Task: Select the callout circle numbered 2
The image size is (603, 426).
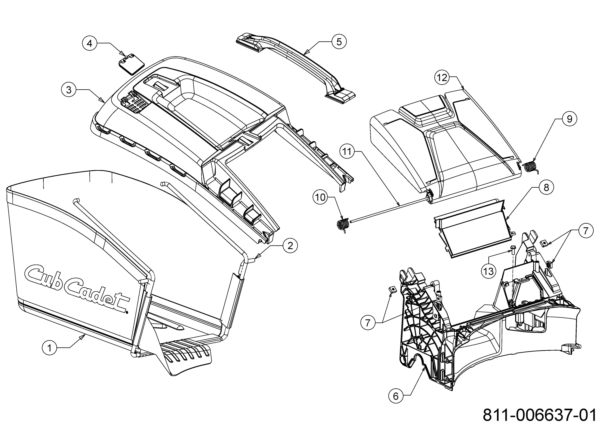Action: pyautogui.click(x=290, y=246)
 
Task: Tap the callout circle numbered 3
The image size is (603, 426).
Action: pyautogui.click(x=69, y=90)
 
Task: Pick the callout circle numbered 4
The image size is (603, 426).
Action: pyautogui.click(x=89, y=43)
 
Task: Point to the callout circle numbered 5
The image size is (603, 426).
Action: pyautogui.click(x=339, y=42)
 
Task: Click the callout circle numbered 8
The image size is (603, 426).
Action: pyautogui.click(x=546, y=187)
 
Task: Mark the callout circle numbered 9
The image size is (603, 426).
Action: pyautogui.click(x=569, y=119)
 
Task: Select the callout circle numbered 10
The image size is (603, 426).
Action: pyautogui.click(x=320, y=197)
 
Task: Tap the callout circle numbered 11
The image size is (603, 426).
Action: pyautogui.click(x=347, y=152)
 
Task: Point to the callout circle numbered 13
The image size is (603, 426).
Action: pyautogui.click(x=488, y=271)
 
